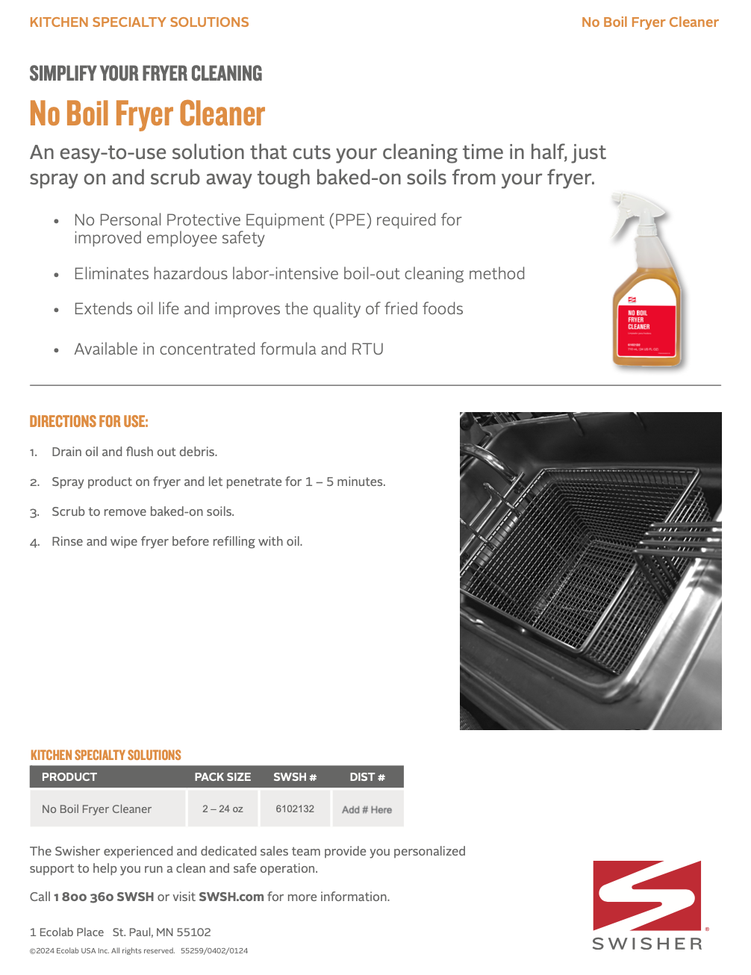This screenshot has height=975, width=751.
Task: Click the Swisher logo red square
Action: coord(646,895)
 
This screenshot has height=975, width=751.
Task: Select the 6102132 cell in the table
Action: coord(295,809)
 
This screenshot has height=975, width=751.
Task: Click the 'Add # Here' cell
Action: coord(367,809)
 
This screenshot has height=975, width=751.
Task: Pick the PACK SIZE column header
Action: coord(222,777)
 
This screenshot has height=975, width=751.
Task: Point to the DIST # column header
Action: coord(367,777)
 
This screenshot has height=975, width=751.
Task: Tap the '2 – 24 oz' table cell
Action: coord(222,809)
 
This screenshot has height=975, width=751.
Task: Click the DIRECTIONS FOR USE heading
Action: coord(89,422)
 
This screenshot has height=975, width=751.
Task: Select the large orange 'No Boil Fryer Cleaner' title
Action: coord(147,114)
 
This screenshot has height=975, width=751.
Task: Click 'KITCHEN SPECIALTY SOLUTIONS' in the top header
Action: coord(139,22)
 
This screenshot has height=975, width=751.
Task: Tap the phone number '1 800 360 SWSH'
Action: coord(104,897)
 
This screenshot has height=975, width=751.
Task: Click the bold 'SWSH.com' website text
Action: coord(231,897)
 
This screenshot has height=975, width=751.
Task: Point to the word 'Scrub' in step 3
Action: coord(68,511)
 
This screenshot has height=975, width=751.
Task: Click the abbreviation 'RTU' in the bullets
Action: coord(367,349)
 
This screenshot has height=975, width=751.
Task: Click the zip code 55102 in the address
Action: coord(194,932)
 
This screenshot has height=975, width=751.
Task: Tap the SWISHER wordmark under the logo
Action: coord(647,944)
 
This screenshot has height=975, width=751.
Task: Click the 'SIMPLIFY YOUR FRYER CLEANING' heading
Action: coord(146,74)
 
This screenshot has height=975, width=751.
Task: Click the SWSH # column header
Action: coord(295,777)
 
